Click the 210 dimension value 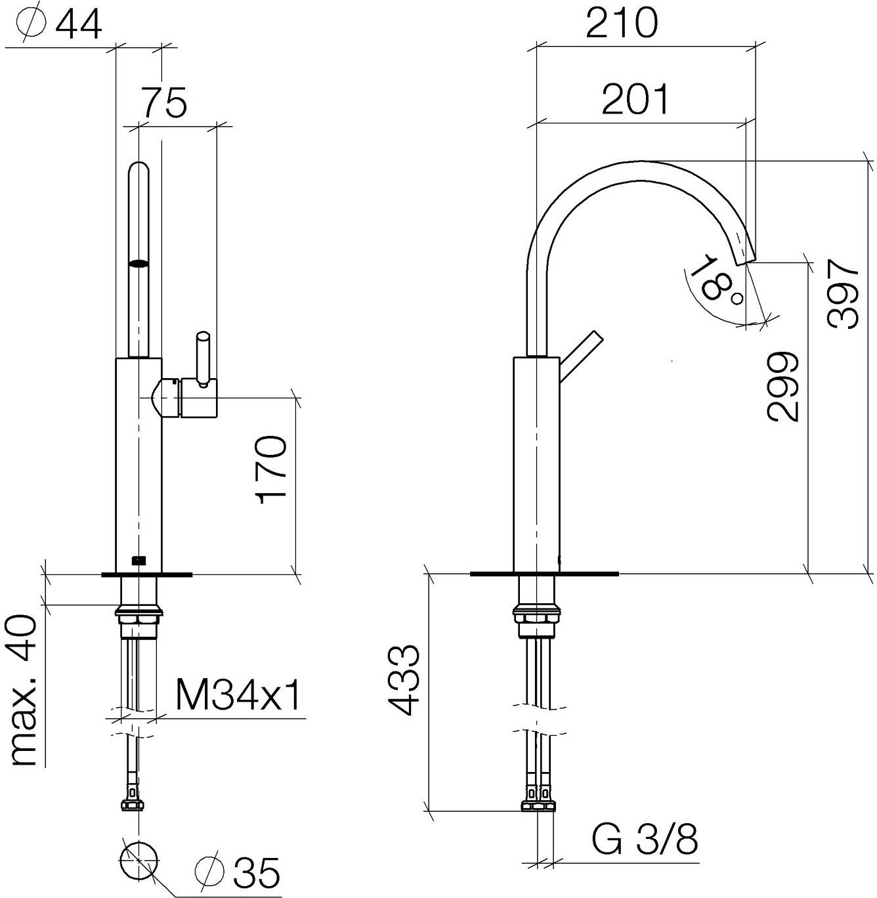click(621, 22)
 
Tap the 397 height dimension click(843, 293)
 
